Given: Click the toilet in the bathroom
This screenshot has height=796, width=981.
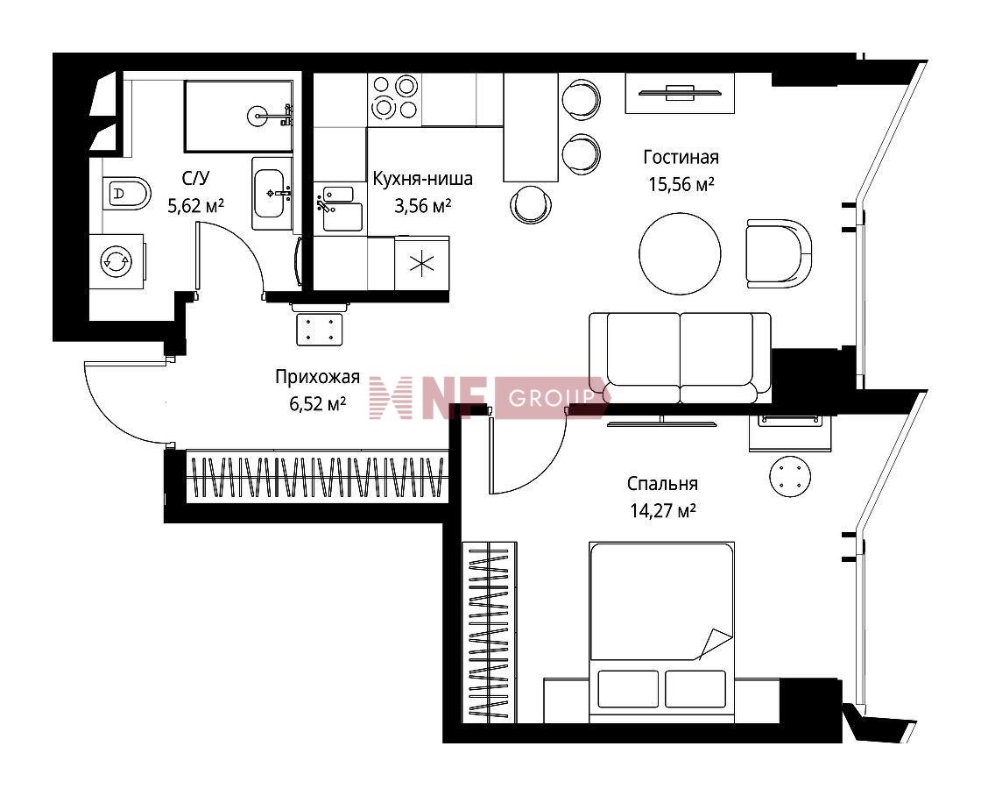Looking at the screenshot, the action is point(126,193).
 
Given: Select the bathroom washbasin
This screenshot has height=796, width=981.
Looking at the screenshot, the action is point(272,194).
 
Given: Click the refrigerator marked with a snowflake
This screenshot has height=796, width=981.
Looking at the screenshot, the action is point(421,263).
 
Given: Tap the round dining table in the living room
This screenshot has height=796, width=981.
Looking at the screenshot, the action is point(680,253).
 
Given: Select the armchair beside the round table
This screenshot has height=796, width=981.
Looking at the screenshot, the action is point(780,253).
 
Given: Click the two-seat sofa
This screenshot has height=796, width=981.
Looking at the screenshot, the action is point(680,359).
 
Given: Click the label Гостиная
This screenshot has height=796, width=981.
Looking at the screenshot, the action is point(681,157).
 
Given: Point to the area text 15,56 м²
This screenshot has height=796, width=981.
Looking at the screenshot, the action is point(681,185).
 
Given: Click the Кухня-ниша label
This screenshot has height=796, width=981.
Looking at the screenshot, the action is point(422,179).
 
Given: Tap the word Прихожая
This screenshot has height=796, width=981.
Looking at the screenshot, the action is point(317,377).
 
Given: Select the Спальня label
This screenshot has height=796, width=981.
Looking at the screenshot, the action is point(662,484).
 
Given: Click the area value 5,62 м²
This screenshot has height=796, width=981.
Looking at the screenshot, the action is point(196,205).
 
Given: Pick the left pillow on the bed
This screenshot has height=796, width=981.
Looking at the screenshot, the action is point(628,689).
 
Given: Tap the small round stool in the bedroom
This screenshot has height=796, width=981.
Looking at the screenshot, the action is point(791,476).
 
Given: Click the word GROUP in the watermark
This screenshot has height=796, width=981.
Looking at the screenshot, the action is point(551,397).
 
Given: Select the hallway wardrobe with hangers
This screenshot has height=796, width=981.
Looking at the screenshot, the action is point(317,477).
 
